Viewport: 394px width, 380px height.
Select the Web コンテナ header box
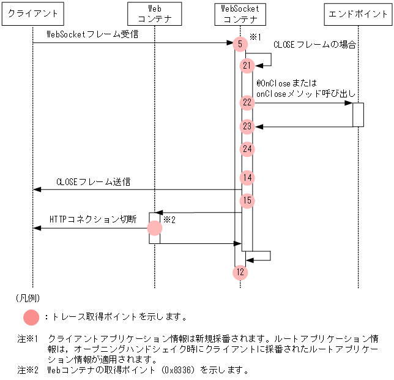tap(155, 13)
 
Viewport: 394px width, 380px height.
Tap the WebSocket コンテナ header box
tap(240, 13)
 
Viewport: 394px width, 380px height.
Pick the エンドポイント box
tap(359, 13)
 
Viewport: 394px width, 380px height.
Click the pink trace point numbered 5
tap(240, 44)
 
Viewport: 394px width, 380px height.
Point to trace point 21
tap(247, 65)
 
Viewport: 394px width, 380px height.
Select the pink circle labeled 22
tap(247, 103)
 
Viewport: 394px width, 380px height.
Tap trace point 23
tap(247, 126)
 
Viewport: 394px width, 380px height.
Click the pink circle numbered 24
tap(247, 149)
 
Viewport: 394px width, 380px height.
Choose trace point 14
tap(247, 178)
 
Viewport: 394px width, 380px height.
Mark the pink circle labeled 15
tap(247, 200)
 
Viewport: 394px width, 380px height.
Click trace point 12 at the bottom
tap(240, 272)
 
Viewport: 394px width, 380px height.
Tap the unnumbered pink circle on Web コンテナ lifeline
tap(155, 228)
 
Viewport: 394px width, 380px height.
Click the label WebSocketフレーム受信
tap(85, 34)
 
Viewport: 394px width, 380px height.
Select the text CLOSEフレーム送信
tap(93, 182)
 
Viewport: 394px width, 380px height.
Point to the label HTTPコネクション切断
tap(92, 219)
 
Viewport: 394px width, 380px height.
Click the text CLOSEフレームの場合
tap(314, 45)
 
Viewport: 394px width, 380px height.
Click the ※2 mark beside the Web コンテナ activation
tap(169, 219)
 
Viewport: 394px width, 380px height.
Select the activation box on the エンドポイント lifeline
tap(359, 115)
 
